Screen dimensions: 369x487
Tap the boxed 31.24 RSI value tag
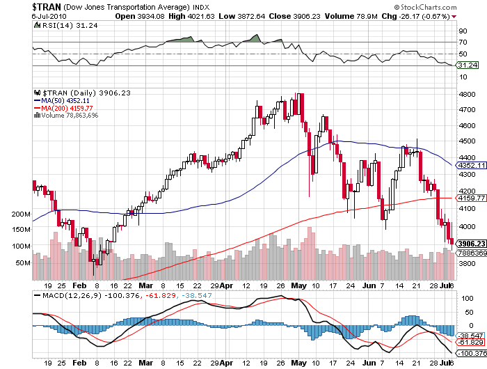[x=465, y=65]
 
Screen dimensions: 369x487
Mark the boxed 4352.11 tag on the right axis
[x=470, y=165]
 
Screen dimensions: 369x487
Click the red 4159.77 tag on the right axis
[x=470, y=198]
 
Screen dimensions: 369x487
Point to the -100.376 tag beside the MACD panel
[x=470, y=354]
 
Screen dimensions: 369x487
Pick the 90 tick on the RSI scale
[x=461, y=31]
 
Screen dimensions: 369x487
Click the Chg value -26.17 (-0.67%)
[x=422, y=15]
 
